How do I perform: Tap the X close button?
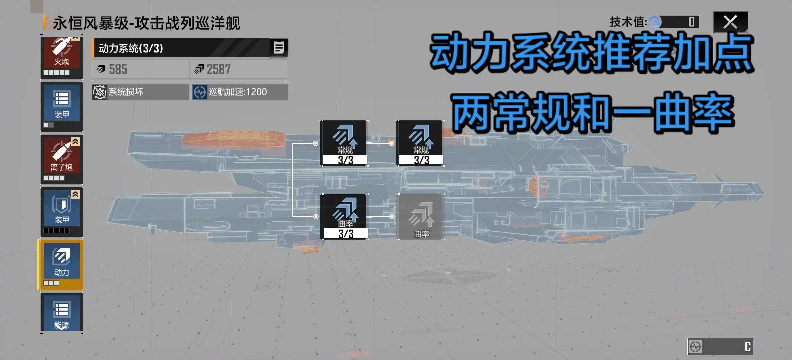click(730, 22)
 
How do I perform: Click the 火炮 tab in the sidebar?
click(62, 57)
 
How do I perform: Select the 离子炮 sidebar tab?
click(62, 159)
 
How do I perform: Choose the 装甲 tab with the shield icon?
click(62, 212)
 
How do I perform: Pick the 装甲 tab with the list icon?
click(62, 107)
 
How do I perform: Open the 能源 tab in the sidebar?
click(62, 313)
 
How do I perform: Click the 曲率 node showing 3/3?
click(345, 217)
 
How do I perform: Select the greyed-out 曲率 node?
click(421, 217)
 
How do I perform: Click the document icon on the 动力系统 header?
click(279, 48)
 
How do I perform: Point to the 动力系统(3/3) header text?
click(131, 48)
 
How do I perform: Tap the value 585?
click(118, 69)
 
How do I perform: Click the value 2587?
click(219, 69)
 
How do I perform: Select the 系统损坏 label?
click(126, 92)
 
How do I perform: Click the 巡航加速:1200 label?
click(238, 92)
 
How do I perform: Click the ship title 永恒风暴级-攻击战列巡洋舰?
click(146, 23)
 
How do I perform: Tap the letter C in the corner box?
click(748, 346)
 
